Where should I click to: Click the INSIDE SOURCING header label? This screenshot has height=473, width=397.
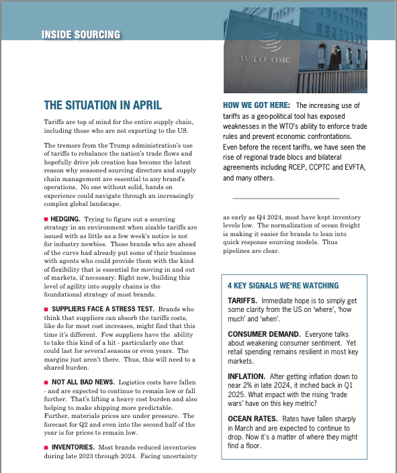(x=81, y=34)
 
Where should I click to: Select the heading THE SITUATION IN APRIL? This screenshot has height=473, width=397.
(x=103, y=105)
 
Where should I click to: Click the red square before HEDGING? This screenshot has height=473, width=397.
(x=46, y=219)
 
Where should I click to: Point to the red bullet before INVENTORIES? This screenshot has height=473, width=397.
(x=46, y=446)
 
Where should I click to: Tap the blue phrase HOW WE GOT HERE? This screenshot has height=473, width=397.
(x=256, y=105)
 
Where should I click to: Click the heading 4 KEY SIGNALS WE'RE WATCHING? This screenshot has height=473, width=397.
(x=283, y=285)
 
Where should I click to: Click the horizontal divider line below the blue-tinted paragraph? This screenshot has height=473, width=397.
(x=285, y=198)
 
